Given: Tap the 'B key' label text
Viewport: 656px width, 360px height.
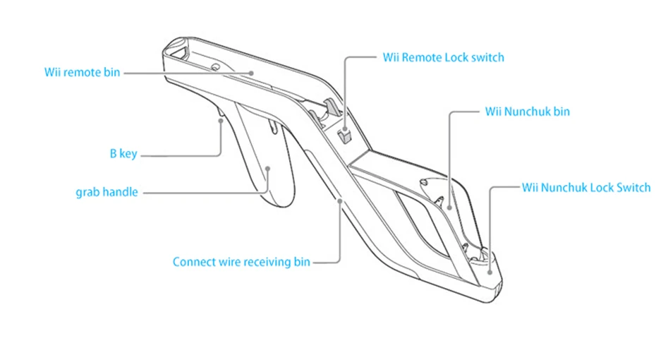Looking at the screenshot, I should (123, 153).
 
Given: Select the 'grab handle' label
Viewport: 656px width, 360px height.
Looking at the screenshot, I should (107, 191).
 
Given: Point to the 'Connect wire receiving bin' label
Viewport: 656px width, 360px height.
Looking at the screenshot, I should (241, 262).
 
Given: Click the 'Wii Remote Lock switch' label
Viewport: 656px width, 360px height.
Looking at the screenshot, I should (443, 57).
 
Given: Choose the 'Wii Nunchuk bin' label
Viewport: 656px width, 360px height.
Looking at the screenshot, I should (527, 111).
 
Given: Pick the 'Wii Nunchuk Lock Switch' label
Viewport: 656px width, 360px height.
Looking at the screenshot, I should (585, 187).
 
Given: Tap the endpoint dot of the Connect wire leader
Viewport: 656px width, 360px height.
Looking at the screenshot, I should (340, 200).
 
